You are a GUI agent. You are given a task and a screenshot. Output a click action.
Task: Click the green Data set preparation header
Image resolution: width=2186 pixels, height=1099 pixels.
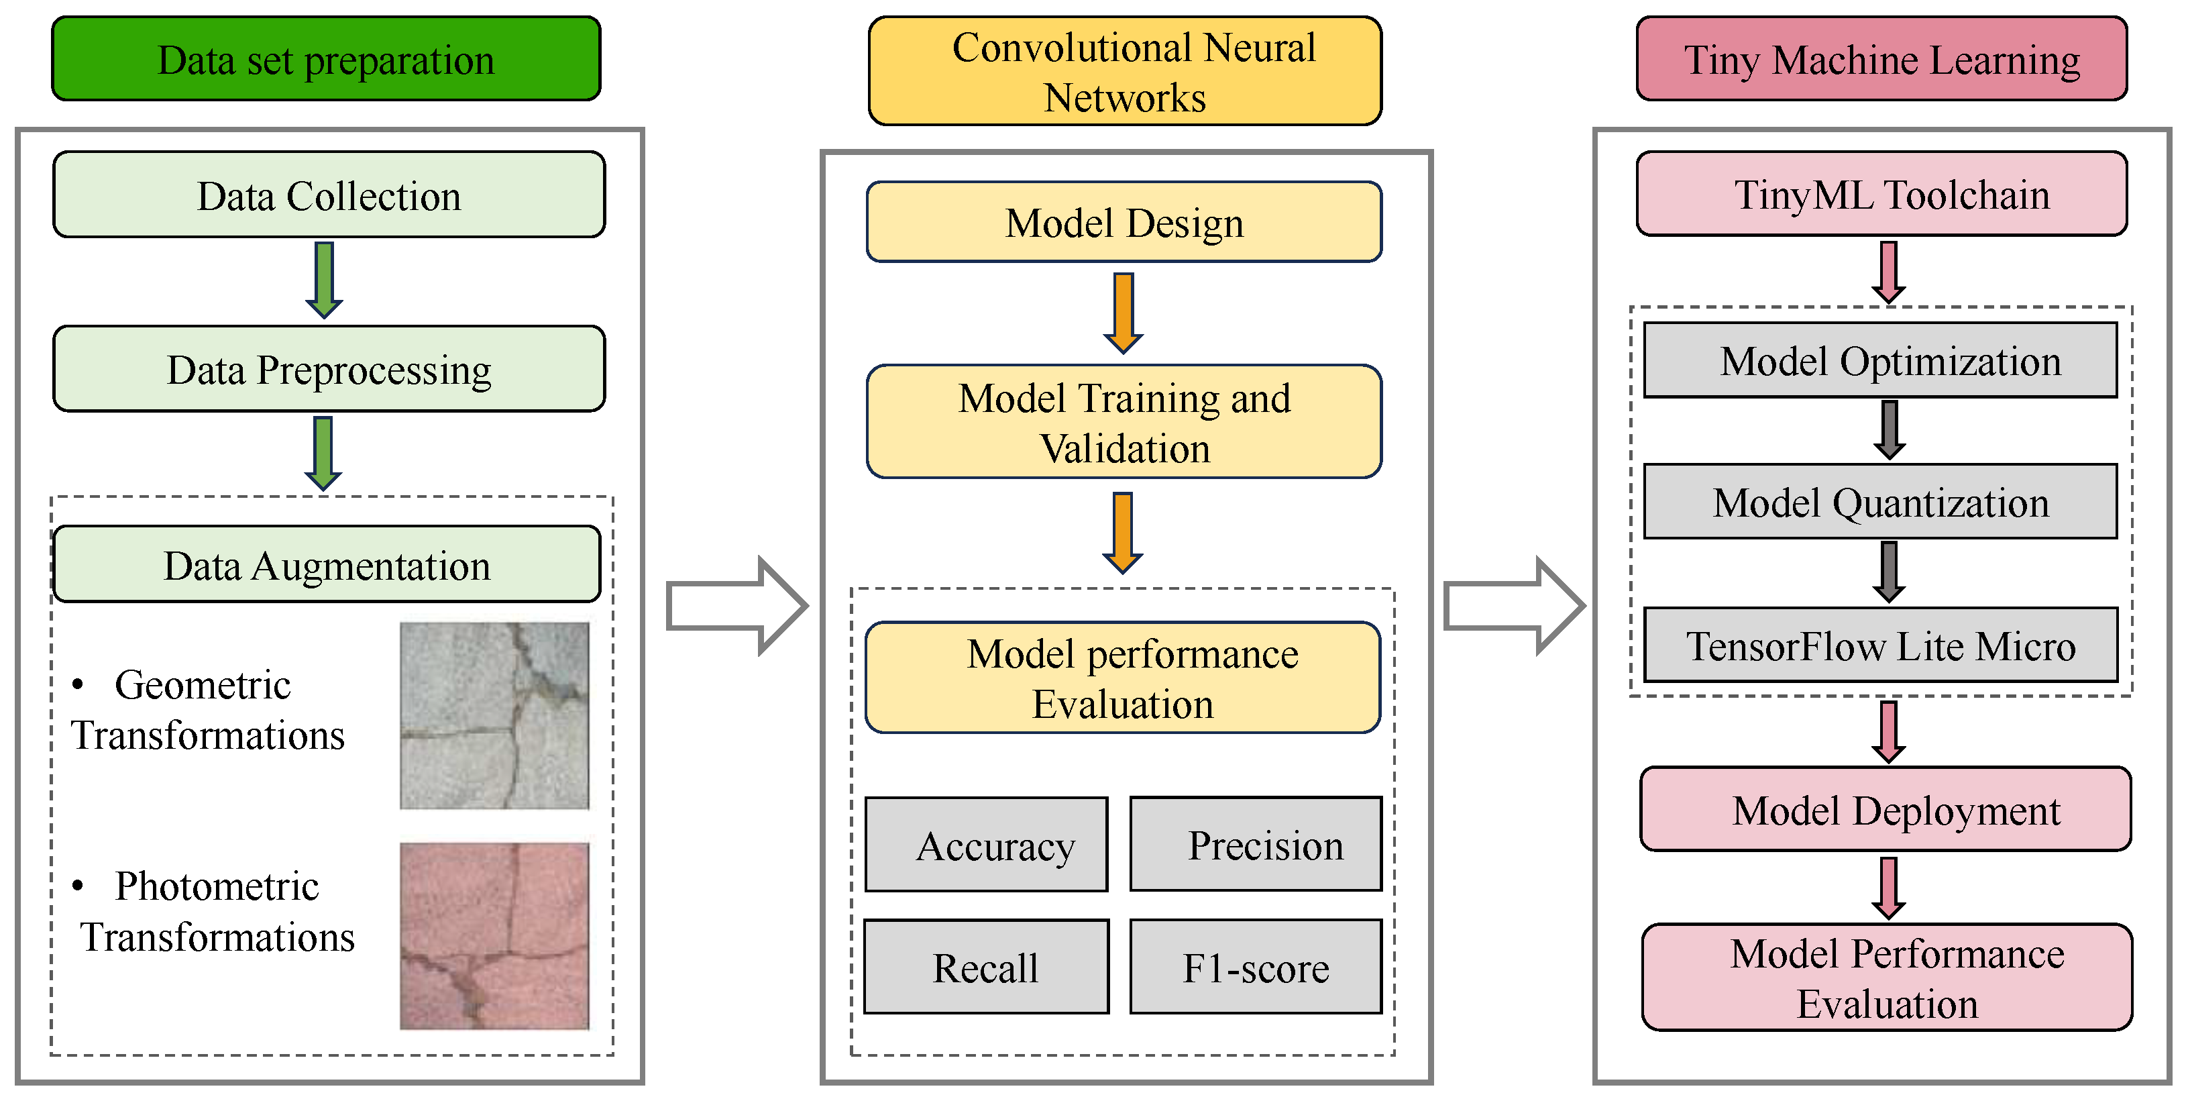(326, 60)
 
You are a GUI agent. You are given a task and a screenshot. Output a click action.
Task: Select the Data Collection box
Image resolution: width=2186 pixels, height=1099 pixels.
(329, 195)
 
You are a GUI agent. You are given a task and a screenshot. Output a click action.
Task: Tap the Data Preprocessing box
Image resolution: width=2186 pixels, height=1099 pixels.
(329, 369)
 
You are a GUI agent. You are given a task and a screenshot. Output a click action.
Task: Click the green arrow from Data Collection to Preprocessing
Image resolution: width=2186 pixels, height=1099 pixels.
(323, 278)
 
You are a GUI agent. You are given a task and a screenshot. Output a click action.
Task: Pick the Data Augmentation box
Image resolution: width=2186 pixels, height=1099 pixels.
(327, 564)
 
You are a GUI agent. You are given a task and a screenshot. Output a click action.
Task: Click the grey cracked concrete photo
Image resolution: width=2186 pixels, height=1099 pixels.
(494, 715)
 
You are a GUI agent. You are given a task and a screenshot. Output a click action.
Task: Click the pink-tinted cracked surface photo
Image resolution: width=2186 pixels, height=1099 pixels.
(494, 935)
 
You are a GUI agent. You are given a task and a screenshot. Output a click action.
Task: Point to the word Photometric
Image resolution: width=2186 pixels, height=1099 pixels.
(217, 886)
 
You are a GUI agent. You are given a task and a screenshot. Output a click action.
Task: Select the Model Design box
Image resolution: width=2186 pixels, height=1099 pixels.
(1124, 222)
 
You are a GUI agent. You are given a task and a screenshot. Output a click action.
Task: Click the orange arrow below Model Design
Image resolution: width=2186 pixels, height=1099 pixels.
(1124, 311)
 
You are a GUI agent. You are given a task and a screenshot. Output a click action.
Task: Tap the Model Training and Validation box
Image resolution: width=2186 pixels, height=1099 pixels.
(1124, 422)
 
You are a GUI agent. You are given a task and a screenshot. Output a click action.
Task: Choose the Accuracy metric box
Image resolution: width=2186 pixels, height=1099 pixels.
(986, 845)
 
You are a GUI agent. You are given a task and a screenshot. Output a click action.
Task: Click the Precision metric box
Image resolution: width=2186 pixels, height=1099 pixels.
(1256, 845)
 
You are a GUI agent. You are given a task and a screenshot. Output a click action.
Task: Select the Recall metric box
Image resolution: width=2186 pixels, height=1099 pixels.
(986, 967)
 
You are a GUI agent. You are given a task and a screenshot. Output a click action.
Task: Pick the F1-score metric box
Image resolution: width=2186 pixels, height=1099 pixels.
(1256, 967)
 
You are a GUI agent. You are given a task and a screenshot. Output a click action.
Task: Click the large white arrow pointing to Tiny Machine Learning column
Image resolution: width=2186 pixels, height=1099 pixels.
(1513, 606)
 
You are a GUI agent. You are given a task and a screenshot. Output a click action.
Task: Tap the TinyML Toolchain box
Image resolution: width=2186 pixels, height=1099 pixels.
(1881, 195)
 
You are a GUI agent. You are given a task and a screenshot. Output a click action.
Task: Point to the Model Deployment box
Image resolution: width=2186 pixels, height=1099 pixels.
(1885, 810)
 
